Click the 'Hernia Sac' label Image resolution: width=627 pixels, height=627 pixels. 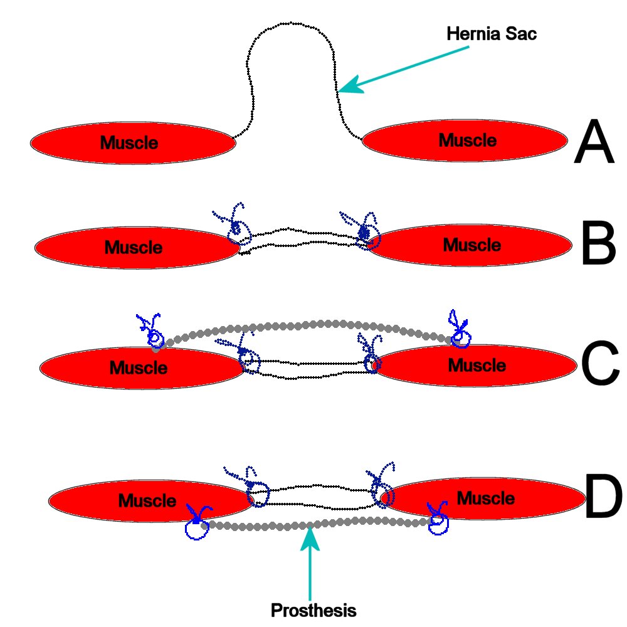pyautogui.click(x=492, y=34)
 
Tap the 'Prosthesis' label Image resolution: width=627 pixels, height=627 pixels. pyautogui.click(x=313, y=610)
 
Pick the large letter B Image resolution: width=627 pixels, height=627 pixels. pyautogui.click(x=598, y=243)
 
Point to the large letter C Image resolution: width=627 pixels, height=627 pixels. pyautogui.click(x=600, y=362)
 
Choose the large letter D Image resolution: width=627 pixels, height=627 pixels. pyautogui.click(x=603, y=495)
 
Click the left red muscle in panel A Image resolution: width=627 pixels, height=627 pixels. pyautogui.click(x=133, y=143)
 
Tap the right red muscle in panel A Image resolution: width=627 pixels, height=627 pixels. pyautogui.click(x=465, y=140)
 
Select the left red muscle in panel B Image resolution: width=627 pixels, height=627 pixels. pyautogui.click(x=137, y=248)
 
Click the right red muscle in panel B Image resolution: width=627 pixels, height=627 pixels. pyautogui.click(x=470, y=245)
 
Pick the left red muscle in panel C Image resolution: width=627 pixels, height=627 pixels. pyautogui.click(x=142, y=368)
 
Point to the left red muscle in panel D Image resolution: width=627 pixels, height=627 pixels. pyautogui.click(x=151, y=500)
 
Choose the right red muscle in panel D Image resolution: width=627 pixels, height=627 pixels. pyautogui.click(x=483, y=498)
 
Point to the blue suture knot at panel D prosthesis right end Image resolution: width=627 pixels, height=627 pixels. pyautogui.click(x=438, y=519)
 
